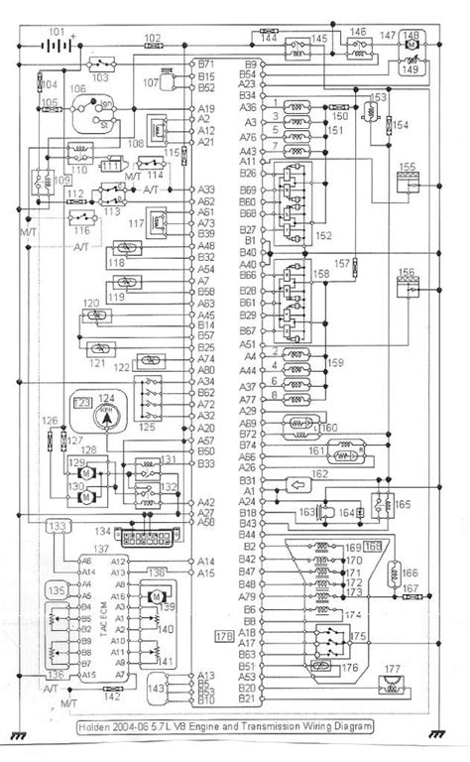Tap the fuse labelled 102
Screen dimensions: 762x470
pos(153,47)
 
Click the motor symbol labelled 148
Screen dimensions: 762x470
pos(410,46)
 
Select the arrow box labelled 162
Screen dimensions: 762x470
pos(294,485)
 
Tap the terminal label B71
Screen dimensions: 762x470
pos(205,63)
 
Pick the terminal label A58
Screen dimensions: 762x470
pos(205,522)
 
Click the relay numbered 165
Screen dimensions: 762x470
pos(380,503)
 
